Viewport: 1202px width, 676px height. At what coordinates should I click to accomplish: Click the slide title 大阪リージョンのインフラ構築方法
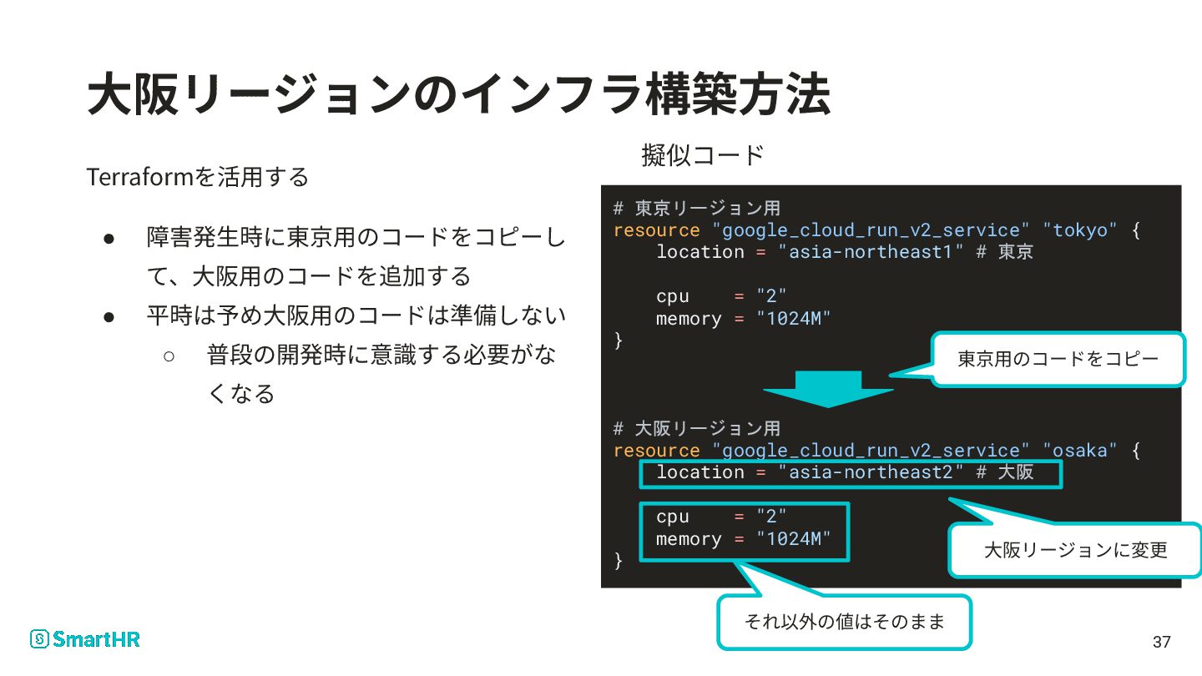(458, 94)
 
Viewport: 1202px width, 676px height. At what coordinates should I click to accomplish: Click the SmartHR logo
(85, 639)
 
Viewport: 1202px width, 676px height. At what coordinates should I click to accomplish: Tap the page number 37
(1161, 642)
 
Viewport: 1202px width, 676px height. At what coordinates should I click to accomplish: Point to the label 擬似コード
(703, 154)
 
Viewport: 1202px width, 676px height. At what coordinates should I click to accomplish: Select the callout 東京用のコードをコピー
(1058, 360)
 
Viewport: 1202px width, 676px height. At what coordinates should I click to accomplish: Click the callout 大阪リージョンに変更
(1075, 550)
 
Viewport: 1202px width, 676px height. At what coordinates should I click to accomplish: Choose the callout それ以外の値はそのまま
(844, 622)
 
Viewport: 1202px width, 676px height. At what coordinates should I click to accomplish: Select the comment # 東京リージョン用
(696, 208)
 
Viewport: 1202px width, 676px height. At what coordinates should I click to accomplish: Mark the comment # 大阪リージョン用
(696, 428)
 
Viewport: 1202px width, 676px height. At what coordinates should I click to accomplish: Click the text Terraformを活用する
(198, 177)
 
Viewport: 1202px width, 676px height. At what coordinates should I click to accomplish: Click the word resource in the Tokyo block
(656, 230)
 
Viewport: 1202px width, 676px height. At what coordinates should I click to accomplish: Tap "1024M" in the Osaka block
(794, 539)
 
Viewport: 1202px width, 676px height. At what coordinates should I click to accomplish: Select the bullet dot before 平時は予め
(109, 316)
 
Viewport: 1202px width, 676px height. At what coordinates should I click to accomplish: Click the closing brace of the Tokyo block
(619, 341)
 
